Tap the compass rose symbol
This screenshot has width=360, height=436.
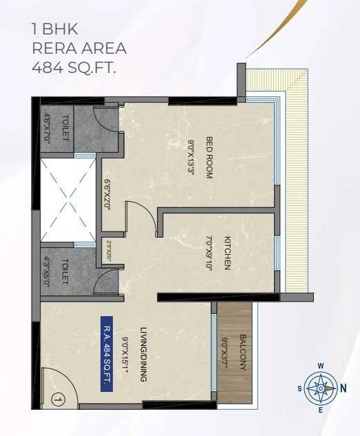[321, 388]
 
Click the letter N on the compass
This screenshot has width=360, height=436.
[343, 388]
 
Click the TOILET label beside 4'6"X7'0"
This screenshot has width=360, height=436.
[65, 127]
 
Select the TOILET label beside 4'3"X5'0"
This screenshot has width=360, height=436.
[65, 271]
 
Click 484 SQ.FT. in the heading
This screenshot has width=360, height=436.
[72, 68]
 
